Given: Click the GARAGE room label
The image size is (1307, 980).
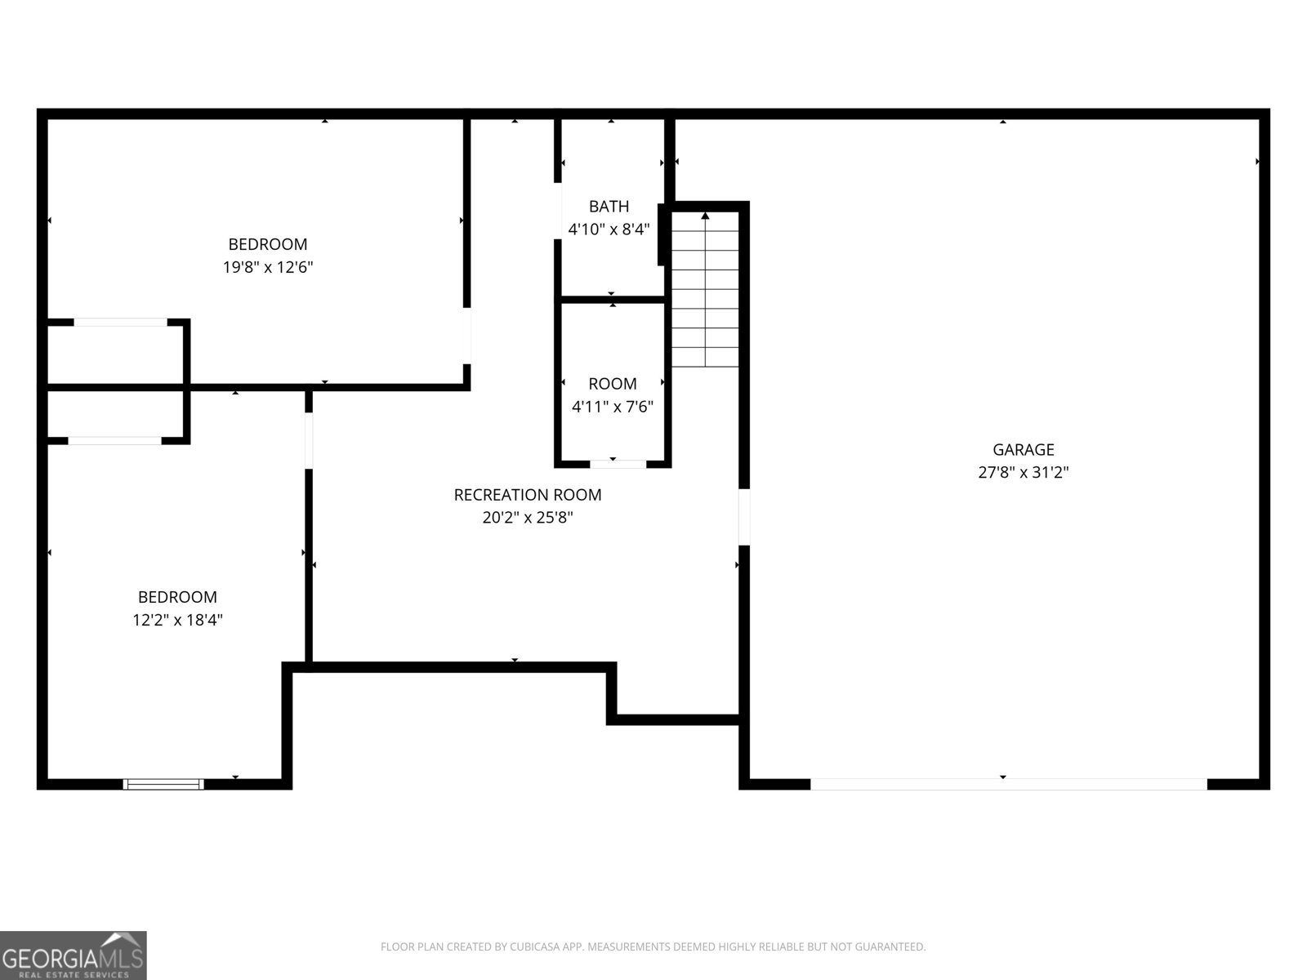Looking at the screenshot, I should (1023, 449).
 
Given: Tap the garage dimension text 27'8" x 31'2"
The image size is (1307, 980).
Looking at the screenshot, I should (1023, 472).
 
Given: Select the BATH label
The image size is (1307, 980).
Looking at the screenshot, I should (609, 207).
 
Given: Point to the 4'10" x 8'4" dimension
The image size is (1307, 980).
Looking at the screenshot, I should (609, 229).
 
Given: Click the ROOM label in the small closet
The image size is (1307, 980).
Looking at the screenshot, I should (613, 384).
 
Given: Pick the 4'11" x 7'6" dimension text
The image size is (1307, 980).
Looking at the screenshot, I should (613, 407).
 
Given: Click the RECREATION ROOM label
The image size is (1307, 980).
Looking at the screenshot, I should (528, 495).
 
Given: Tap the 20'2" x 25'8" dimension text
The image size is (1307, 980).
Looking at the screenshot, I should (528, 518).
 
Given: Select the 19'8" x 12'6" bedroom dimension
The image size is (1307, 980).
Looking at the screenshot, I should (268, 267).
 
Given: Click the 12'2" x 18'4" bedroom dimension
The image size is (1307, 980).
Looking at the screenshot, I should (177, 620).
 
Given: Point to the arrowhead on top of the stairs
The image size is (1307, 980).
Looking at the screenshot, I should (705, 216).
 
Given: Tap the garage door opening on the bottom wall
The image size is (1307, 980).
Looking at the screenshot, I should (1008, 784).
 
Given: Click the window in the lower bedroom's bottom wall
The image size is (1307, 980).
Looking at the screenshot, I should (163, 784).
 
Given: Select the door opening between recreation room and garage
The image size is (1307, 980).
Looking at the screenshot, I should (743, 516).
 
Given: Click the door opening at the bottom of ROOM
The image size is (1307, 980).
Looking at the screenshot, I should (618, 463).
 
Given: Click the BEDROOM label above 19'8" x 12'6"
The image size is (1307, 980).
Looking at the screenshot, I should (268, 244).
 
